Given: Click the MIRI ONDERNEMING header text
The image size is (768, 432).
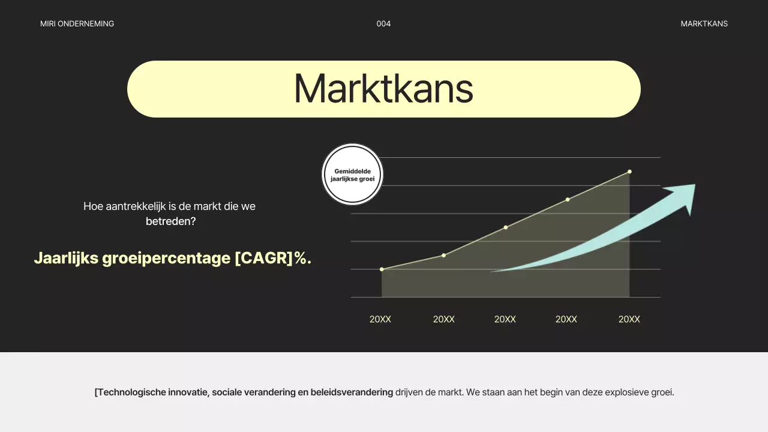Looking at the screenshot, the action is click(x=77, y=23).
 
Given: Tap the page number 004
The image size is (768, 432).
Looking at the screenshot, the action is click(x=383, y=23).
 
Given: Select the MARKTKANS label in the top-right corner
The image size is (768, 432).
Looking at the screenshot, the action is click(x=704, y=23).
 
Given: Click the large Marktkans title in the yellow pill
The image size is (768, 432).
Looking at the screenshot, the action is click(x=383, y=88).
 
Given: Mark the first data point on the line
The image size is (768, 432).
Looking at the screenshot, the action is click(x=382, y=269).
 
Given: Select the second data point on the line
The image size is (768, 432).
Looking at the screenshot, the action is click(x=443, y=256).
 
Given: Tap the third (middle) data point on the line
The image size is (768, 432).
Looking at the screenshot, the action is click(x=506, y=227).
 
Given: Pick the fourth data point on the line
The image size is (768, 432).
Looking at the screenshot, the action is click(x=568, y=200).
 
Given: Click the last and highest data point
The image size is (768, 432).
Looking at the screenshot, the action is click(x=629, y=172).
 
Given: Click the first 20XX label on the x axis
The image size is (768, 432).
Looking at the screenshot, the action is click(x=380, y=319).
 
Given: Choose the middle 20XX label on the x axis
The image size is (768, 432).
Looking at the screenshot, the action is click(x=505, y=319).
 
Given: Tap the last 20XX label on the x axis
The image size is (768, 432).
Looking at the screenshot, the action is click(x=629, y=319).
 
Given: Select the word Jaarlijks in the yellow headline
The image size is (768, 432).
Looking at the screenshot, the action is click(x=66, y=258).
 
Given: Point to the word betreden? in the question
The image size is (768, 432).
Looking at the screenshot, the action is click(x=171, y=221).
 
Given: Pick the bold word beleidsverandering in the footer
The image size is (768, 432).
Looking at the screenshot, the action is click(x=352, y=392).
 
